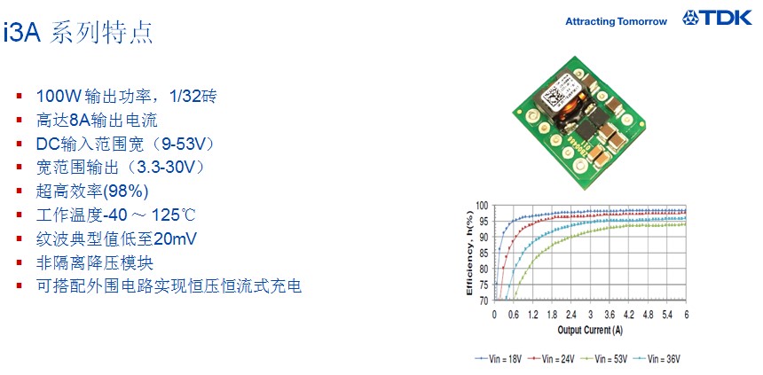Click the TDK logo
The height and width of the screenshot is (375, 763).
[x=717, y=18]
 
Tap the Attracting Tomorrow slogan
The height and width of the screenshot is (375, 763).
[x=616, y=21]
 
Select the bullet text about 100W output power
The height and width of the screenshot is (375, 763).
[x=126, y=96]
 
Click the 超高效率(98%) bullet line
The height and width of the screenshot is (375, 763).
[x=92, y=191]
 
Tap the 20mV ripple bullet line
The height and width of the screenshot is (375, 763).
[x=116, y=238]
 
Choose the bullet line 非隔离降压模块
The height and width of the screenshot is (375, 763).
[x=94, y=262]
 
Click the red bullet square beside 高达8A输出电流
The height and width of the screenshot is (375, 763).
[x=20, y=120]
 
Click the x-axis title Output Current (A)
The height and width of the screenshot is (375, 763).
[x=590, y=331]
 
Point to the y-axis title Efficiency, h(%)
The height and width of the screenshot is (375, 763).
[x=469, y=253]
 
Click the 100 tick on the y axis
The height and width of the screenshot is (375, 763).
[x=483, y=206]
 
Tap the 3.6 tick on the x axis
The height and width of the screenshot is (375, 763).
[x=610, y=315]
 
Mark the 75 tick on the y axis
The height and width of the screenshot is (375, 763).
[x=485, y=285]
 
